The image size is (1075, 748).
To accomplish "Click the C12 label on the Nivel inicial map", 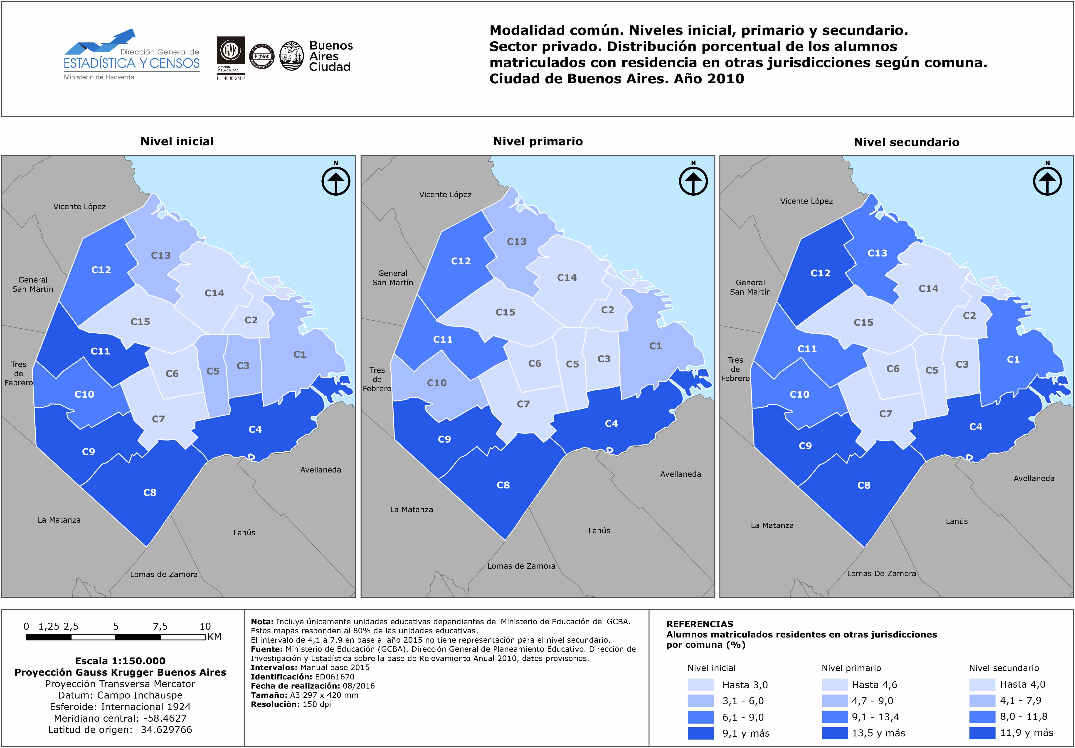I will tap(101, 270).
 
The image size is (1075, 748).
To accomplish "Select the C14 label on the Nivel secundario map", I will tap(928, 289).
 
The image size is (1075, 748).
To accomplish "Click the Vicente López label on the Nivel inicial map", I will tap(80, 207).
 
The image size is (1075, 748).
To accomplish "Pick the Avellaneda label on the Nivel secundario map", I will tap(1034, 478).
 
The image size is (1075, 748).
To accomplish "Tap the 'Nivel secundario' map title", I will tap(906, 142).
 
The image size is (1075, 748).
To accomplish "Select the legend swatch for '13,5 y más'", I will tap(835, 733).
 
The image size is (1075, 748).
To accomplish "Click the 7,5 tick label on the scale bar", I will tap(160, 626).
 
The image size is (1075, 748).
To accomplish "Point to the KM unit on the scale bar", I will tap(215, 637).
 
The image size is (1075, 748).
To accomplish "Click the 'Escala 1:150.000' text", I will tap(120, 661).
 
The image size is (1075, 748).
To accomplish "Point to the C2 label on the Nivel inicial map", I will tap(251, 320).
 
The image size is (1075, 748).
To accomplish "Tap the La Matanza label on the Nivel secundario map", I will tap(772, 526).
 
